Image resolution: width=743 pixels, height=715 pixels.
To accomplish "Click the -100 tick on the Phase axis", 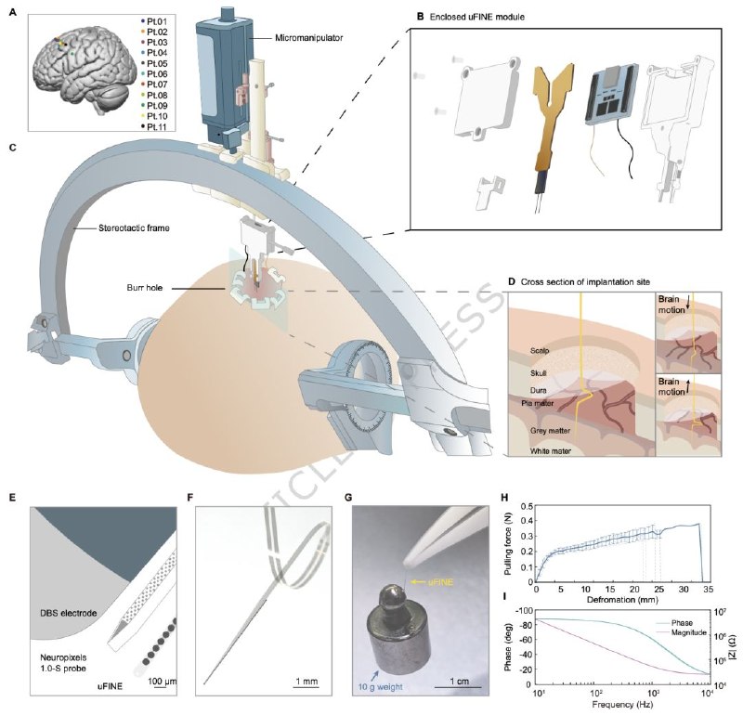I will click(525, 618).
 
